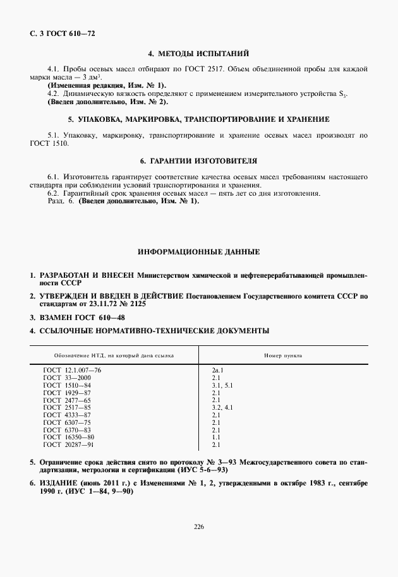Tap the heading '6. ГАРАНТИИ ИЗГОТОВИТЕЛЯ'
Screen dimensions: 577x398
(198, 161)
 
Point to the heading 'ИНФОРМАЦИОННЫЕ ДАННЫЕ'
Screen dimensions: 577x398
(198, 252)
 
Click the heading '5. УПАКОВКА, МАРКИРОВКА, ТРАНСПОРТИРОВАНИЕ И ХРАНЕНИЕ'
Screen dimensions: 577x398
(198, 119)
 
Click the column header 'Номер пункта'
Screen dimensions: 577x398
(282, 355)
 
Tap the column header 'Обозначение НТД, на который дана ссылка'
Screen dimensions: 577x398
(114, 355)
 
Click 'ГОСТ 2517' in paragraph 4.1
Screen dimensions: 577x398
(290, 68)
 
